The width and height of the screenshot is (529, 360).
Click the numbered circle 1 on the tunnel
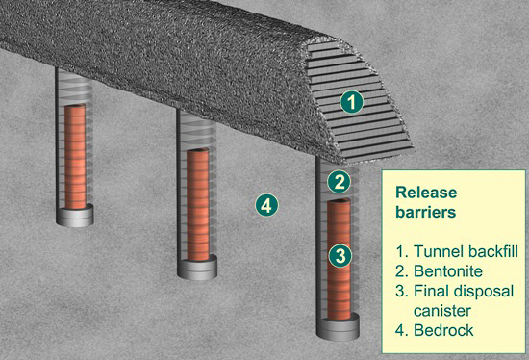[x=351, y=102]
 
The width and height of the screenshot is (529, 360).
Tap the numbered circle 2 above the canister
[x=340, y=182]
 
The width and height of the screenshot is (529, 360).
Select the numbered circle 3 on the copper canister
[x=340, y=256]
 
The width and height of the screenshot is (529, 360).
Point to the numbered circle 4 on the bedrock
[x=266, y=205]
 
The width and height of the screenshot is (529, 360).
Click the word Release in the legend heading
[x=426, y=193]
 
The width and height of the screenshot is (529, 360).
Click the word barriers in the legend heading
[x=426, y=212]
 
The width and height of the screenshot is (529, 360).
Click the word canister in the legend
[x=442, y=311]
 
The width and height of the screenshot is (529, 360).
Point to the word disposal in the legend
[x=484, y=292]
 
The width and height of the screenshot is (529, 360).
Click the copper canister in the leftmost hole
[x=75, y=156]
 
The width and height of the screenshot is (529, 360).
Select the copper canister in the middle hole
[x=198, y=205]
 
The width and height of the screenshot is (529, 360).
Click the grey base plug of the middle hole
[x=197, y=268]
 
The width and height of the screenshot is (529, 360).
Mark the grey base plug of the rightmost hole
[x=338, y=327]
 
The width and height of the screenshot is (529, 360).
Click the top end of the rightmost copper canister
[x=339, y=201]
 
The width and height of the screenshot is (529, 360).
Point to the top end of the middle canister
[x=198, y=150]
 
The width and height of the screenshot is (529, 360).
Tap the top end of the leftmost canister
[x=75, y=106]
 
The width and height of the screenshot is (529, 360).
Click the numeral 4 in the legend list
[x=400, y=330]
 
